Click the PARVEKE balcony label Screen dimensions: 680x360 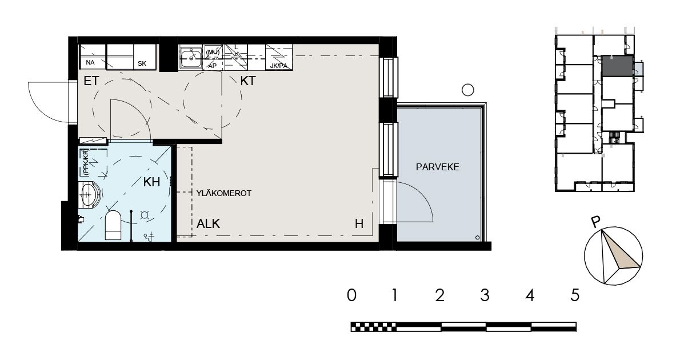pyautogui.click(x=437, y=167)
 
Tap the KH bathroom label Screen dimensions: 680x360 pyautogui.click(x=151, y=182)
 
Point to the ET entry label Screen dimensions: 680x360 pyautogui.click(x=91, y=81)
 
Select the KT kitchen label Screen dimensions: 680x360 pyautogui.click(x=247, y=81)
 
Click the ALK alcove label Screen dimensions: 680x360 pyautogui.click(x=208, y=224)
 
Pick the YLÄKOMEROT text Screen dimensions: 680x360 pyautogui.click(x=224, y=193)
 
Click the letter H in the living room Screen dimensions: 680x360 pyautogui.click(x=359, y=224)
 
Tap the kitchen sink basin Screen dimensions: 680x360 pyautogui.click(x=190, y=57)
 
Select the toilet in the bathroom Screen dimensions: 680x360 pyautogui.click(x=114, y=225)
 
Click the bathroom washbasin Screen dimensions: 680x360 pyautogui.click(x=90, y=195)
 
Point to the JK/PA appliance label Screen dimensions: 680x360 pyautogui.click(x=279, y=66)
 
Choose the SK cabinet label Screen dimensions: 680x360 pyautogui.click(x=142, y=63)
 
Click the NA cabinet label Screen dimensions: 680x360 pyautogui.click(x=90, y=62)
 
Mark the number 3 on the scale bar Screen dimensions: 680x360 pyautogui.click(x=485, y=295)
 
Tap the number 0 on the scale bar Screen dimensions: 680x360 pyautogui.click(x=351, y=295)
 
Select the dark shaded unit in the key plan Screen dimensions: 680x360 pyautogui.click(x=617, y=66)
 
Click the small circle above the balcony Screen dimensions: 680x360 pyautogui.click(x=467, y=90)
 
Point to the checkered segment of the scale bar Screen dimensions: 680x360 pyautogui.click(x=373, y=326)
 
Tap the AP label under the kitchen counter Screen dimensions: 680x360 pyautogui.click(x=212, y=66)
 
